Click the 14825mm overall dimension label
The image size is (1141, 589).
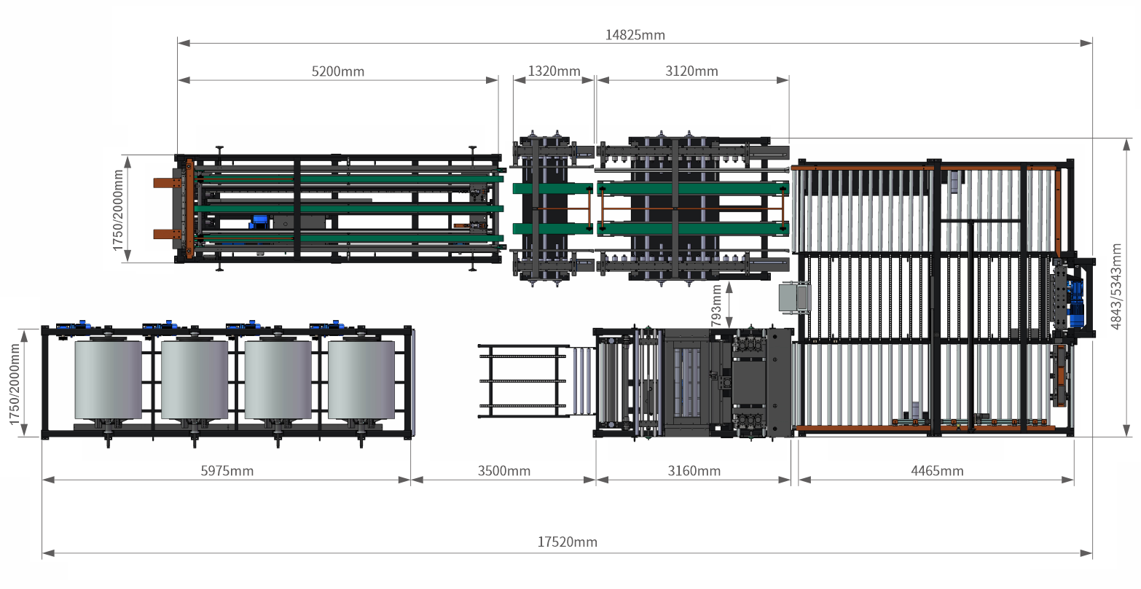click(x=635, y=35)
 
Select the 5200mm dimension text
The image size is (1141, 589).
click(x=338, y=71)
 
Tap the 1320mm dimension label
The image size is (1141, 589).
click(x=554, y=71)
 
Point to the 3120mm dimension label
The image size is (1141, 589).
click(x=691, y=71)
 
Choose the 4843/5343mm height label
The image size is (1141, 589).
click(x=1116, y=286)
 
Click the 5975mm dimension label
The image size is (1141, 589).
click(x=227, y=471)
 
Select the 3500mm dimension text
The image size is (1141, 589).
click(x=504, y=471)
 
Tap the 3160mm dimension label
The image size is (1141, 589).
click(x=694, y=471)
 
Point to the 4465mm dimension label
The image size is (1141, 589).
click(x=937, y=471)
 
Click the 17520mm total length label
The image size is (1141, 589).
click(x=568, y=542)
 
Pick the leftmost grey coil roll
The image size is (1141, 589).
click(x=108, y=380)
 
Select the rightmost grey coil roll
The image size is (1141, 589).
click(x=361, y=380)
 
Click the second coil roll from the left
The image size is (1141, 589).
click(x=194, y=380)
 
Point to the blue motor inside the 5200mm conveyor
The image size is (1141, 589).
click(x=259, y=221)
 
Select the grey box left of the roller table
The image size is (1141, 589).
click(x=792, y=297)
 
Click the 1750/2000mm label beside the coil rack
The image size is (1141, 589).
click(x=14, y=383)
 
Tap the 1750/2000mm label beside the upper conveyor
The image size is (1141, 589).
click(x=118, y=209)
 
